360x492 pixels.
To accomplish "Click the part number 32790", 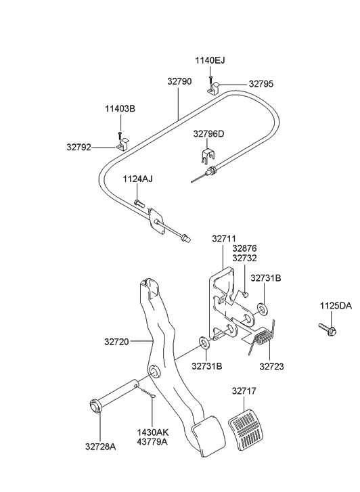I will tap(180, 81).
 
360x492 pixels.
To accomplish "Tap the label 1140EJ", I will tap(210, 61).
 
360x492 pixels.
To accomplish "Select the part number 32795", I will tap(262, 85).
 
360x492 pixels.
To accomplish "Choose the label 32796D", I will tap(208, 134).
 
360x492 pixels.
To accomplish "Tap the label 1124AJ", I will tap(137, 179).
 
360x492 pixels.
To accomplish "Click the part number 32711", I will tap(225, 238).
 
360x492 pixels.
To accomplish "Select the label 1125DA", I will tap(336, 307).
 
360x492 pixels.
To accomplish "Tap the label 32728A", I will tap(100, 447).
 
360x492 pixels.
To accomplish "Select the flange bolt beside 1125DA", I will tap(327, 330).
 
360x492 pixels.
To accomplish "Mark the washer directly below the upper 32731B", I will tap(263, 310).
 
